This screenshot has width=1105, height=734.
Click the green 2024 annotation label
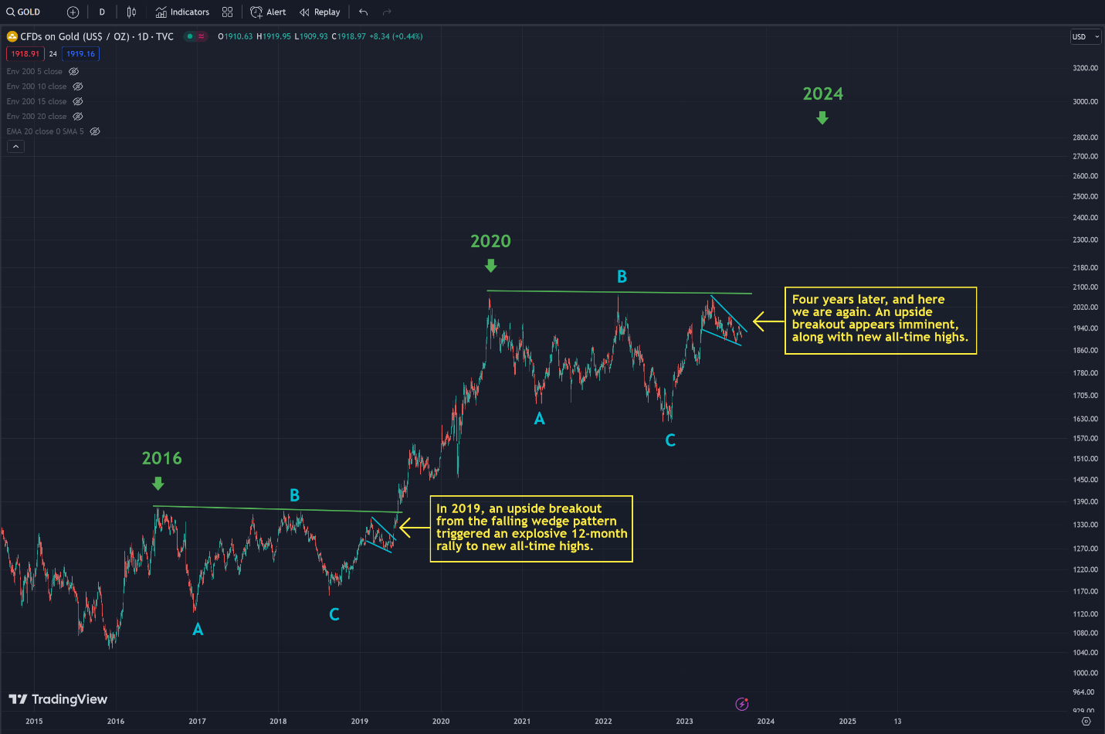coord(822,94)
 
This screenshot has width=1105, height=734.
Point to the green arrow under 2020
coord(490,266)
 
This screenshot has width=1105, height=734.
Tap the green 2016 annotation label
coord(161,458)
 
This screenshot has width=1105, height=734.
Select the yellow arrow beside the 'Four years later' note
coord(768,321)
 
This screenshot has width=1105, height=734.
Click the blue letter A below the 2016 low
coord(198,630)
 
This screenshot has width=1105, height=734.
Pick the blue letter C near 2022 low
coord(670,440)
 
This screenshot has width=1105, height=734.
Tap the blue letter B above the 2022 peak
coord(622,277)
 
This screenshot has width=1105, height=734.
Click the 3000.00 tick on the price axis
coord(1084,101)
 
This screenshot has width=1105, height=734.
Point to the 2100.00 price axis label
coord(1084,287)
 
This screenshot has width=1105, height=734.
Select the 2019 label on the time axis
coord(359,722)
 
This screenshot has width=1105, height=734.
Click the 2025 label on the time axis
coord(847,722)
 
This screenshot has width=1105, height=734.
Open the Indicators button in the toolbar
coord(182,12)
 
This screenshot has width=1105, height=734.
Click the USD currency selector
coord(1084,37)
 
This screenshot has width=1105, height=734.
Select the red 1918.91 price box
coord(25,54)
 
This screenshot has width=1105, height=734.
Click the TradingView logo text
coord(69,699)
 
